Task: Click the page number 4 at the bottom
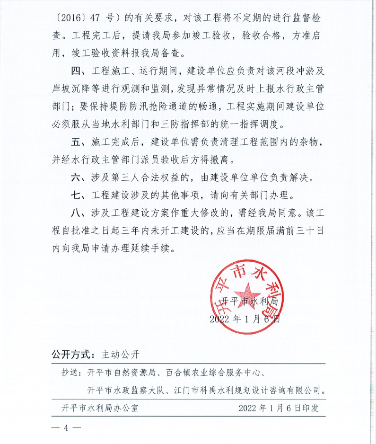click(x=67, y=428)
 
